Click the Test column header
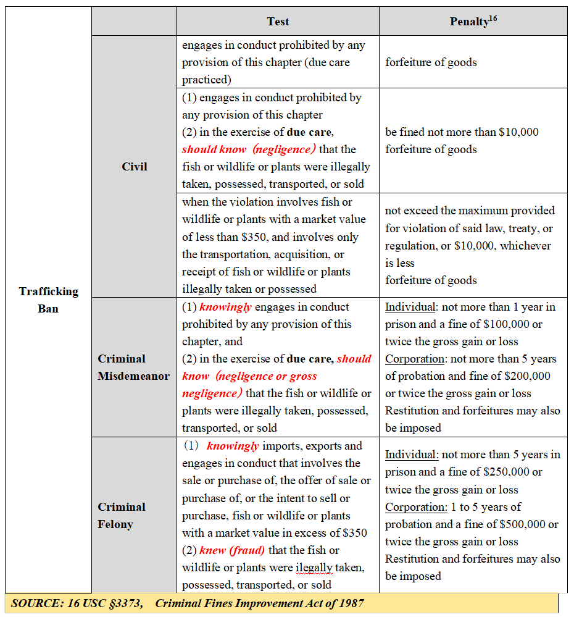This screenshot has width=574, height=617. [x=278, y=22]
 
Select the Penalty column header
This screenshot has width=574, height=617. [x=469, y=22]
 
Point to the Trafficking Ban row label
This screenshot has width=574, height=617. [x=49, y=300]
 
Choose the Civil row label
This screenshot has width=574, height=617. [x=135, y=167]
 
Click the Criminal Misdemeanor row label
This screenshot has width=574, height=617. [x=133, y=367]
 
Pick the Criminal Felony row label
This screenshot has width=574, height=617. [x=122, y=515]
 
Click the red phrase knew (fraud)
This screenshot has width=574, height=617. [x=232, y=550]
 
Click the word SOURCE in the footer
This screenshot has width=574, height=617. [x=34, y=603]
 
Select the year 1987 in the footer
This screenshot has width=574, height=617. [x=349, y=603]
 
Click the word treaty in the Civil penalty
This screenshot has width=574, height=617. [x=523, y=229]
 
